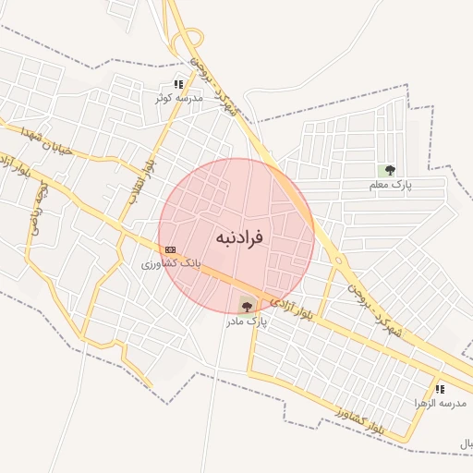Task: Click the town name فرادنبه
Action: [x=240, y=237]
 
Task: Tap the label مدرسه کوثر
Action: [x=179, y=97]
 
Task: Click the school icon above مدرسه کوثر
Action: [x=178, y=84]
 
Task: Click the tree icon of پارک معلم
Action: [x=390, y=170]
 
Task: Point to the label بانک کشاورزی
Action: [x=170, y=263]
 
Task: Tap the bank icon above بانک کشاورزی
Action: [x=170, y=249]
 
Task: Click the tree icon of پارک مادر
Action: [x=246, y=305]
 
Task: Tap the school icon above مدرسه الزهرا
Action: [x=440, y=389]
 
